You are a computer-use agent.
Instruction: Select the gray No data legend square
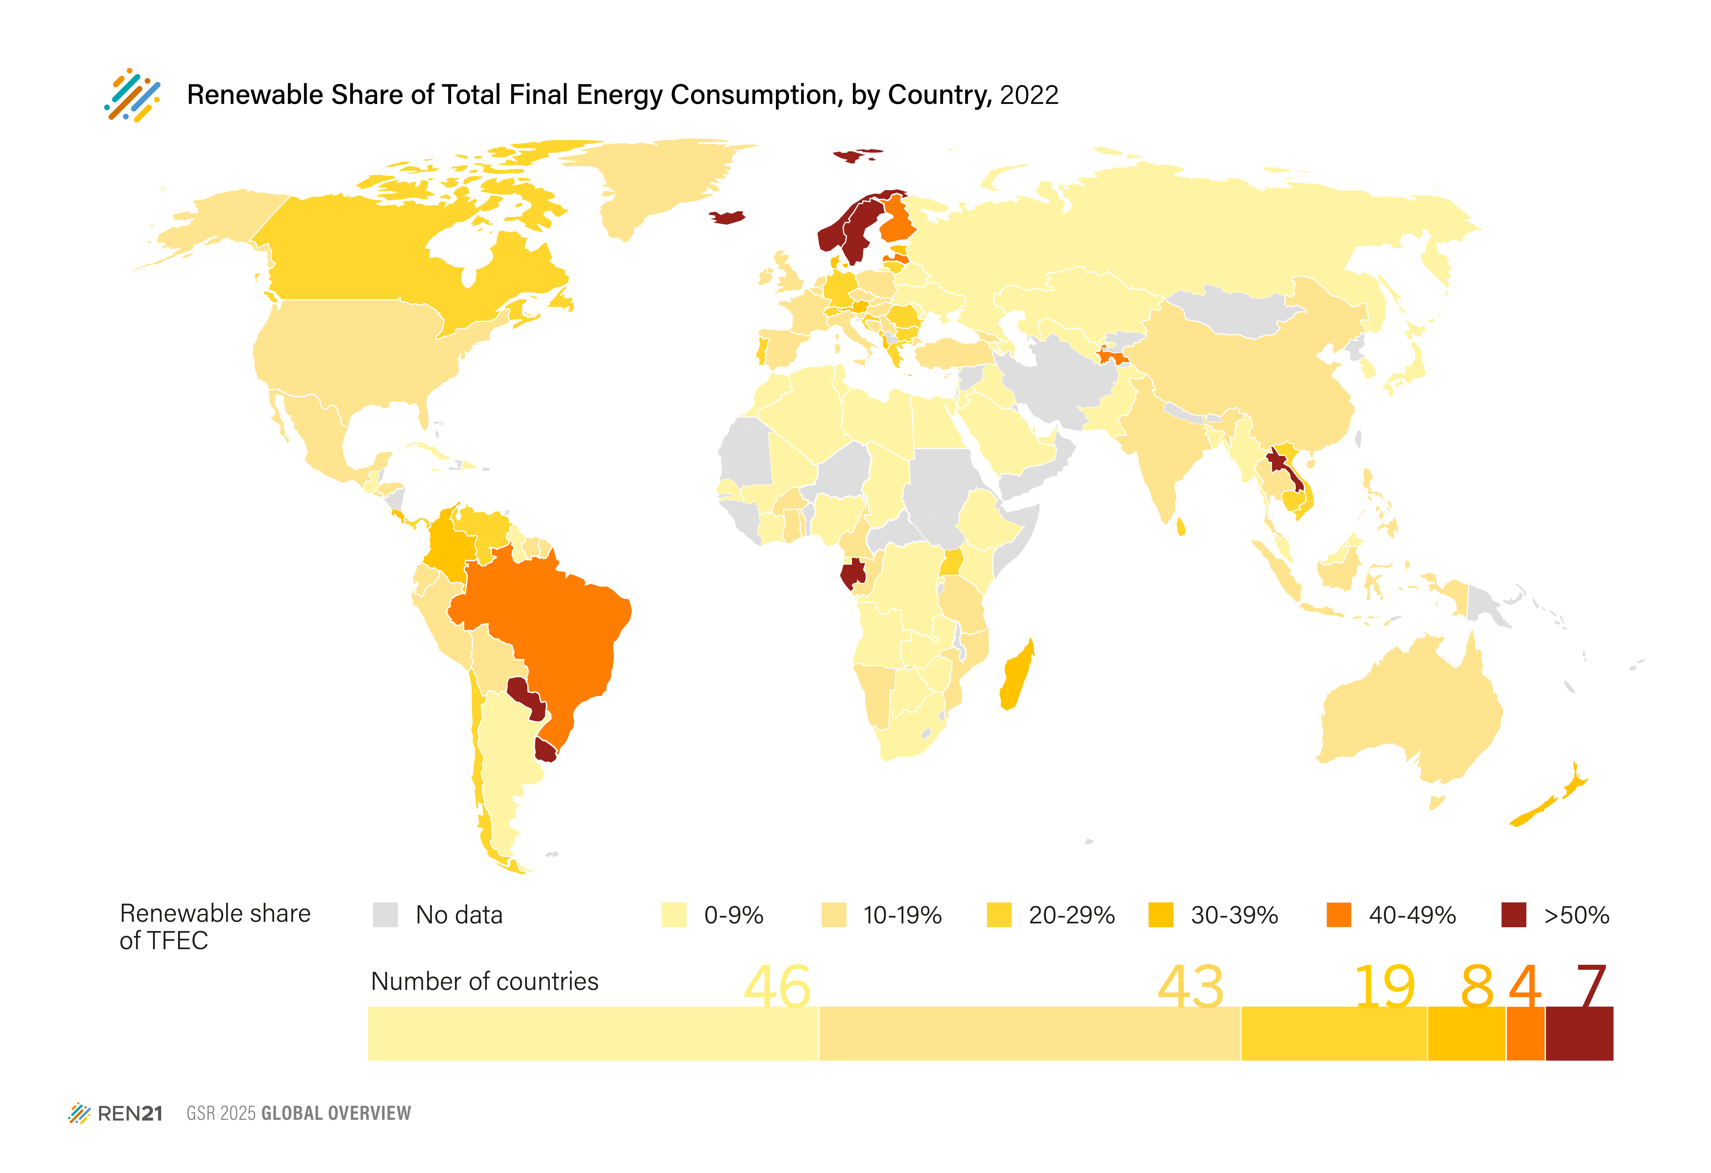pos(385,915)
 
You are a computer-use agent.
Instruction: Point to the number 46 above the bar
pos(777,986)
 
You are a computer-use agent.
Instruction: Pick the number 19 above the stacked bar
pos(1384,986)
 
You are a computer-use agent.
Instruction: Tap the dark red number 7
pos(1590,986)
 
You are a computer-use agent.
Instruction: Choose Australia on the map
pos(1406,714)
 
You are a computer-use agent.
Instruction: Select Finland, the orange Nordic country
pos(897,221)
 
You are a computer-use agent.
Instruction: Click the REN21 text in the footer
pos(129,1113)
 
